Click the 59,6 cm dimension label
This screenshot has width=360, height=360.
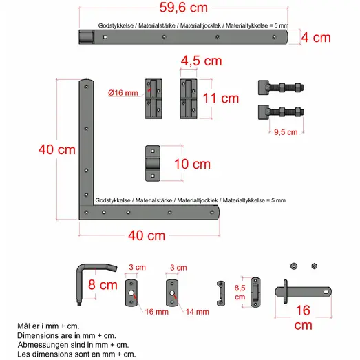point(184,8)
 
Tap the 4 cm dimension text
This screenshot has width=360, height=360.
point(316,38)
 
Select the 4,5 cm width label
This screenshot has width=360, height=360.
point(202,61)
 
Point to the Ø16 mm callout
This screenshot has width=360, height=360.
point(123,93)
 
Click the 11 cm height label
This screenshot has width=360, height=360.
point(221,98)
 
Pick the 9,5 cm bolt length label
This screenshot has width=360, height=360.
point(286,132)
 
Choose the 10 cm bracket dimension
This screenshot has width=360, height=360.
point(192,164)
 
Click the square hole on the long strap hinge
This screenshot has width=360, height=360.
point(105,37)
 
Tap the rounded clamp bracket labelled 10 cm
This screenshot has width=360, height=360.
point(153,163)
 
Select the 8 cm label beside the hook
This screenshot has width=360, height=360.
point(103,285)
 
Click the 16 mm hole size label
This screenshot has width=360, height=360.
point(156,312)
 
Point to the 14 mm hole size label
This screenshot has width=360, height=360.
point(198,312)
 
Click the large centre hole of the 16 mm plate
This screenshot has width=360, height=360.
point(131,293)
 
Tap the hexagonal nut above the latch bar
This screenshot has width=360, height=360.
point(315,266)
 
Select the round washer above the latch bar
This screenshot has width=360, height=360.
point(294,266)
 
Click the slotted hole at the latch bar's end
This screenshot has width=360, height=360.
point(326,292)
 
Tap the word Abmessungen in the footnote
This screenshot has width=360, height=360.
point(38,345)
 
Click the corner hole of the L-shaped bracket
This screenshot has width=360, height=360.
point(86,213)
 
